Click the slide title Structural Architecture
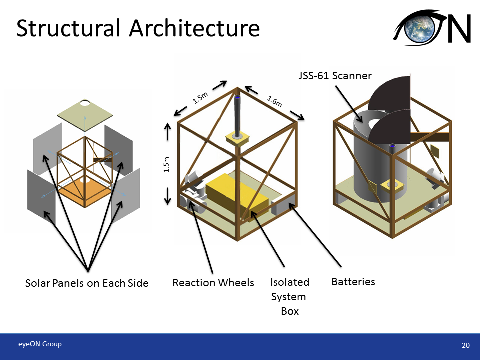[x=138, y=28]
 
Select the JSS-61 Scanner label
[x=332, y=76]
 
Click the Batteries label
[x=353, y=282]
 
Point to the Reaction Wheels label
[x=213, y=283]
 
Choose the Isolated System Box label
[x=290, y=297]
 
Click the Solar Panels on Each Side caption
[x=87, y=283]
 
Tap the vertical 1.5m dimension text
[x=167, y=165]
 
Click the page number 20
[x=466, y=345]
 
